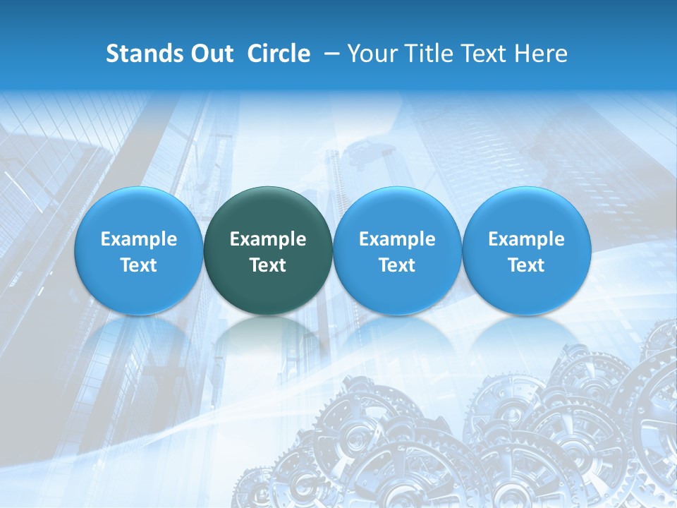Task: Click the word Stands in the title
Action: tap(142, 54)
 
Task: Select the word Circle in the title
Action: tap(279, 54)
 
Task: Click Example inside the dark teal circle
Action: tap(268, 240)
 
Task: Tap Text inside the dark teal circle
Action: tap(268, 265)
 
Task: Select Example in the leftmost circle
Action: tap(139, 240)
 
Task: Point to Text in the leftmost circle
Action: tap(139, 265)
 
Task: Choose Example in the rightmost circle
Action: tap(527, 240)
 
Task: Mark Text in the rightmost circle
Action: tap(527, 265)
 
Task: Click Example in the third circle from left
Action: tap(397, 240)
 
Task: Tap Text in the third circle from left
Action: tap(397, 265)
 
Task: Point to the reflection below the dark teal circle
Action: tap(268, 339)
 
